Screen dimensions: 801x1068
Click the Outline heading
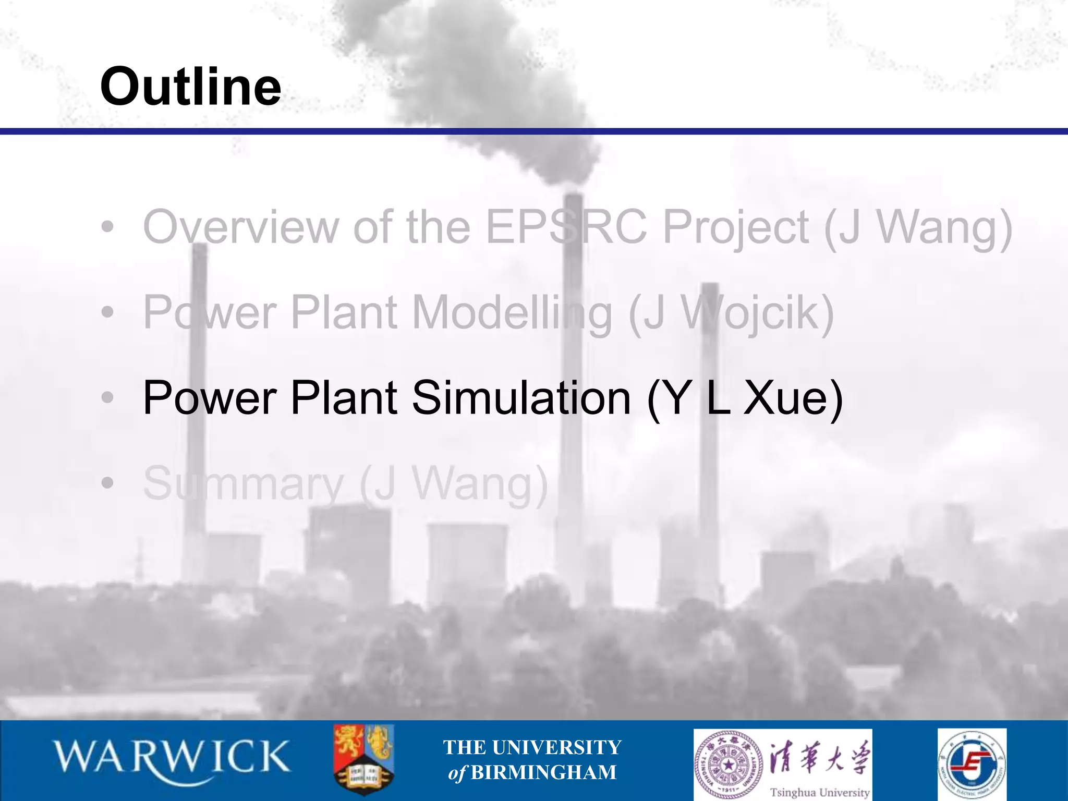[x=191, y=87]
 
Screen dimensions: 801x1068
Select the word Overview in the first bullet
[x=240, y=227]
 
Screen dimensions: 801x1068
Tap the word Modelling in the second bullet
[x=512, y=313]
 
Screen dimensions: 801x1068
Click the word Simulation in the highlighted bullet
[x=521, y=398]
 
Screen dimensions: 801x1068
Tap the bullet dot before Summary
[x=107, y=483]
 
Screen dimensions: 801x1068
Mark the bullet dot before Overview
[x=107, y=227]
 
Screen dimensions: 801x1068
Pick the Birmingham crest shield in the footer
[x=363, y=759]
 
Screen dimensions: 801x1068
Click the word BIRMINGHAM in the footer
[x=543, y=772]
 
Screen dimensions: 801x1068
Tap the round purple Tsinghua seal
[x=729, y=764]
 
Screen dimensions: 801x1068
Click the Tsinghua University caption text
[x=820, y=792]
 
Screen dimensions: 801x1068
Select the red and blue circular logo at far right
[x=972, y=764]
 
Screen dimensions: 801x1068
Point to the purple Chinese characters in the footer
[x=820, y=757]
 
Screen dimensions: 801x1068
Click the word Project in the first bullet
[x=736, y=227]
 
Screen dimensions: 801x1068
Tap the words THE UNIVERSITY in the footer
[x=532, y=747]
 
